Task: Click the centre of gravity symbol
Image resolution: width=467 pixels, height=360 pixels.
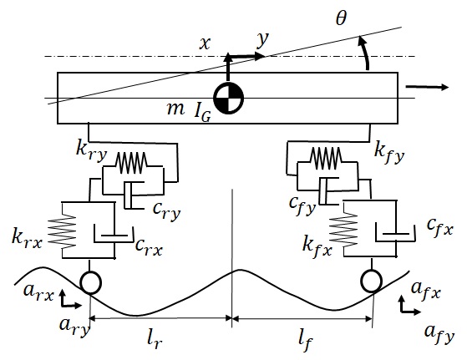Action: point(229,98)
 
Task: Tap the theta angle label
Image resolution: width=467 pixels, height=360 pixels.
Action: point(341,18)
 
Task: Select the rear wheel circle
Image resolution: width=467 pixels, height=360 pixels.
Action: point(90,282)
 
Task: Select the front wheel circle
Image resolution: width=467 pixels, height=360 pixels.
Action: point(372,281)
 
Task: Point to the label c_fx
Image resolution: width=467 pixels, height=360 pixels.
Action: point(440,228)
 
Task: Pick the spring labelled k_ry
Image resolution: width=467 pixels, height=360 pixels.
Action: point(131,163)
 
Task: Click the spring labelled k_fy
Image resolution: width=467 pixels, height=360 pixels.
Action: point(326,158)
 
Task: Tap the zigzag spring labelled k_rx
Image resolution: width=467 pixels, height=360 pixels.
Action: point(62,232)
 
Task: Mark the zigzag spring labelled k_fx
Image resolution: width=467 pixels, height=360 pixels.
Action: point(343,229)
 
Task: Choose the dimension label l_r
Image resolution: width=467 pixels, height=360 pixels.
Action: point(155,340)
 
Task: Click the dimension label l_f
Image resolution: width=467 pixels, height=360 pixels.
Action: point(306,342)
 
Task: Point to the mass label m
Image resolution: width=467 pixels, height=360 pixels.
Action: point(175,109)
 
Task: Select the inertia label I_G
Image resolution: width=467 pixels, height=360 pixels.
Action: point(202,112)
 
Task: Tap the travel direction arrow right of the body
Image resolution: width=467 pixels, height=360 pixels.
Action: point(427,87)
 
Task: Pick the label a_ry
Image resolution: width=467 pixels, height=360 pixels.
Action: point(74,327)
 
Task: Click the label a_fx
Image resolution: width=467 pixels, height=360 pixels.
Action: point(425,290)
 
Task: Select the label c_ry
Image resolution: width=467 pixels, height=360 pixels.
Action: point(166,210)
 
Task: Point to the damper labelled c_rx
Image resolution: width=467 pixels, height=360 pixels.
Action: point(114,235)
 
